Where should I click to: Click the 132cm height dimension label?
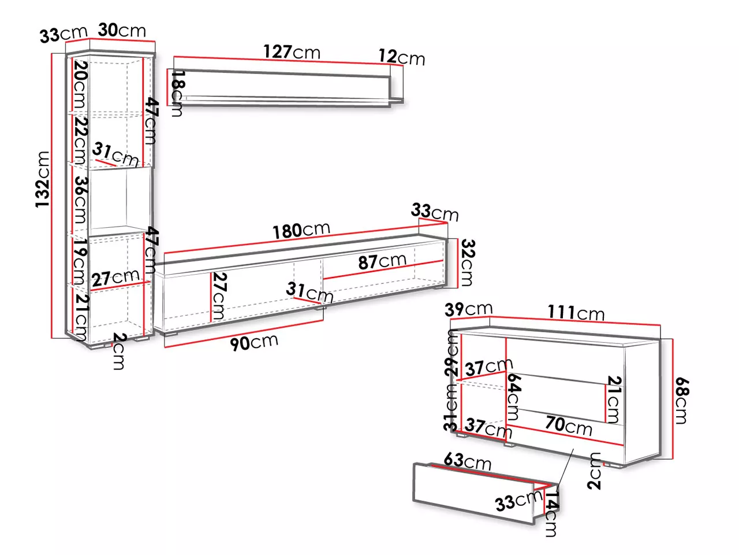coord(43,179)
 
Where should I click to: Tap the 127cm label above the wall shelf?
coord(292,52)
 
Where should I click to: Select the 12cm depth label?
coord(402,57)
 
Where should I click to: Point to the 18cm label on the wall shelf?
coord(178,93)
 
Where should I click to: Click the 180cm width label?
coord(301,231)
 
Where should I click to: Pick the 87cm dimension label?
coord(382,262)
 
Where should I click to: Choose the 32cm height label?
coord(468,262)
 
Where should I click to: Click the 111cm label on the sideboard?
coord(576,312)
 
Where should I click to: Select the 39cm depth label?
coord(468,309)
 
